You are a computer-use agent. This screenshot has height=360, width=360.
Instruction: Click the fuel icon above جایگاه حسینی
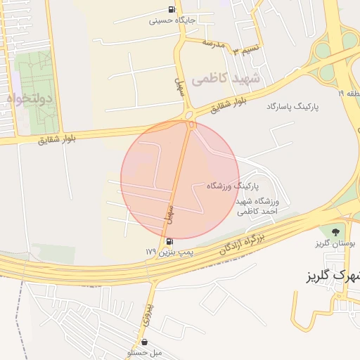pyautogui.click(x=173, y=9)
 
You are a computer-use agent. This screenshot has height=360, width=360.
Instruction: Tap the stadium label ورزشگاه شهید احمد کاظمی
pyautogui.click(x=257, y=205)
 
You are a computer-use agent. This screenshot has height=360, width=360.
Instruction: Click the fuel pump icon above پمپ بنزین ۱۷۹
pyautogui.click(x=169, y=241)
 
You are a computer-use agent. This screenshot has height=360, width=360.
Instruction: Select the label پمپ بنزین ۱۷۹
pyautogui.click(x=169, y=251)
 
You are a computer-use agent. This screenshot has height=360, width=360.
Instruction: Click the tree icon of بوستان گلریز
pyautogui.click(x=334, y=231)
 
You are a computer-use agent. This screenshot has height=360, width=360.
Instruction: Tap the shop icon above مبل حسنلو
pyautogui.click(x=144, y=341)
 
